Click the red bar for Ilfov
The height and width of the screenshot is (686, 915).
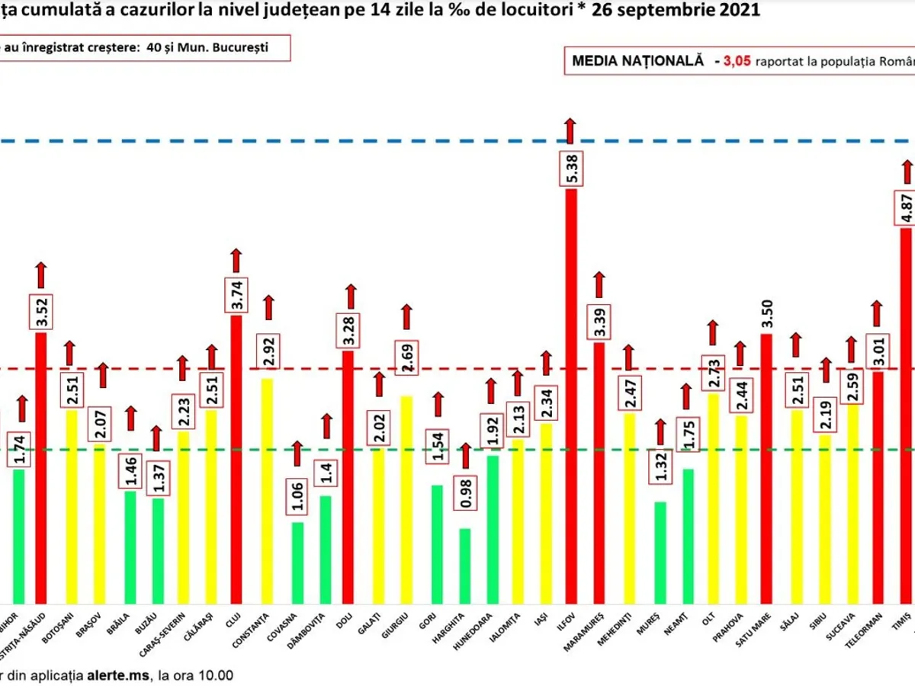coord(570,396)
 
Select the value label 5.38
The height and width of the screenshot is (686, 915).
coord(571,166)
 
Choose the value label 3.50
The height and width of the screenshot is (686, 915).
coord(767,313)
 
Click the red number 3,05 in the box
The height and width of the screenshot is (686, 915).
coord(739,62)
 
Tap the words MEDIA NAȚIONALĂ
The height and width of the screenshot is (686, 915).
coord(637,62)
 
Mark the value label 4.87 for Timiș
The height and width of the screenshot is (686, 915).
coord(906,204)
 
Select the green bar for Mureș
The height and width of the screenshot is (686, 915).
coord(660,552)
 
